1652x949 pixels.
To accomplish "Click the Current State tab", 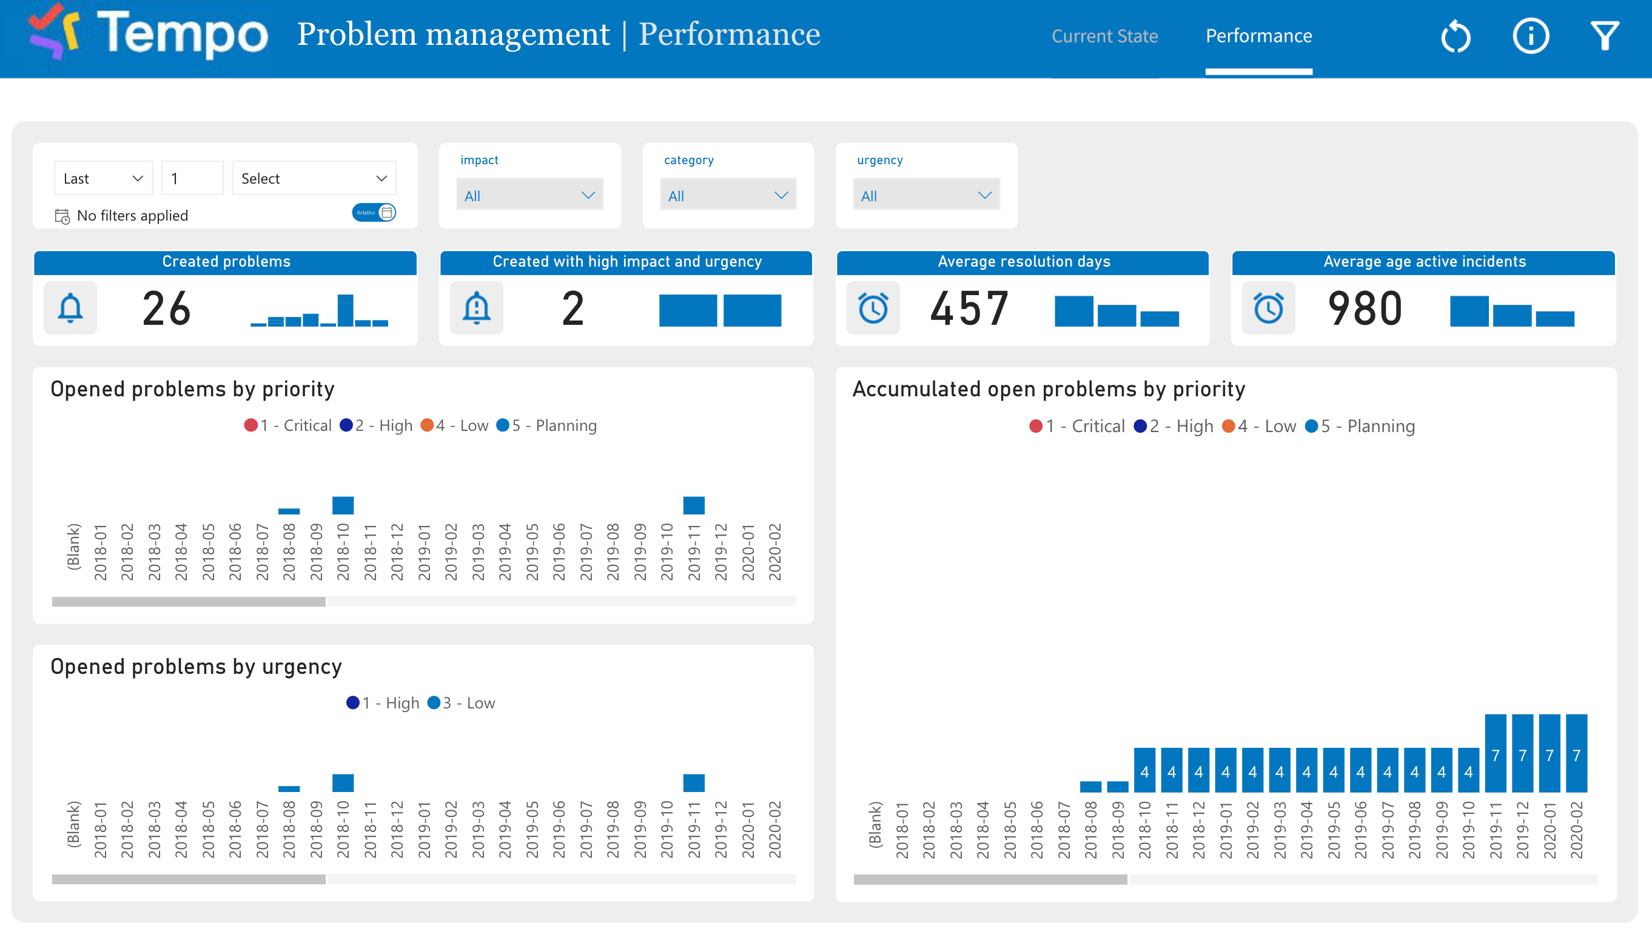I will point(1104,36).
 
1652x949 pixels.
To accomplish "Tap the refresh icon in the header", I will point(1456,36).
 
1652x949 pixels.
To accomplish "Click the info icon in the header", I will point(1530,36).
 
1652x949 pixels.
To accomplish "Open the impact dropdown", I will point(529,196).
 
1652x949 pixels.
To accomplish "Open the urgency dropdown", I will point(925,196).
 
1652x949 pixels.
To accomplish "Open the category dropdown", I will point(727,196).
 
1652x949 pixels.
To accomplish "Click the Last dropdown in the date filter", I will point(103,179).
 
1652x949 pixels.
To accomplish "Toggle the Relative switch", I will point(374,213).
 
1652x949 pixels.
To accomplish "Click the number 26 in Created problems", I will point(166,309).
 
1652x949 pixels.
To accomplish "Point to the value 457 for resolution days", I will point(969,309).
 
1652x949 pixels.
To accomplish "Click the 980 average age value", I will point(1365,309).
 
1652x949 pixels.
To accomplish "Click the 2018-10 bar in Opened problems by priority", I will point(343,505).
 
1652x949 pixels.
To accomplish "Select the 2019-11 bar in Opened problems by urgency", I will point(693,783).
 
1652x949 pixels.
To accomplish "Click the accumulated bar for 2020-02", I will point(1576,753).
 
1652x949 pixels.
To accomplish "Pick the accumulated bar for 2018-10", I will point(1144,770).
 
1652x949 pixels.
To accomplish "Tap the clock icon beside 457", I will point(873,308).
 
